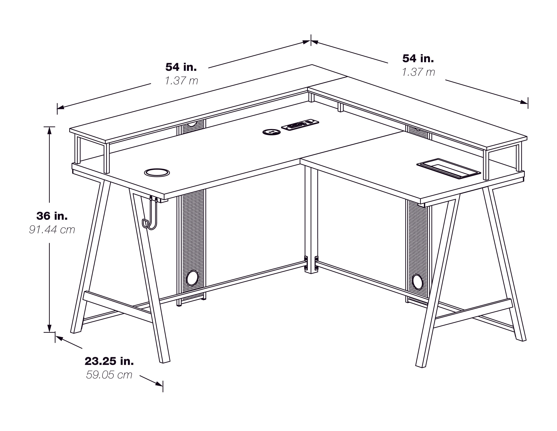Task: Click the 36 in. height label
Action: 52,216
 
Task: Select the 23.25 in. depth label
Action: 109,361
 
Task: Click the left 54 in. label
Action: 181,67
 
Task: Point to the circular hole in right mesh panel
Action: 417,282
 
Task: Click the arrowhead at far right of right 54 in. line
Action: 524,102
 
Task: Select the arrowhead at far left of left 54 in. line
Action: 61,107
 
